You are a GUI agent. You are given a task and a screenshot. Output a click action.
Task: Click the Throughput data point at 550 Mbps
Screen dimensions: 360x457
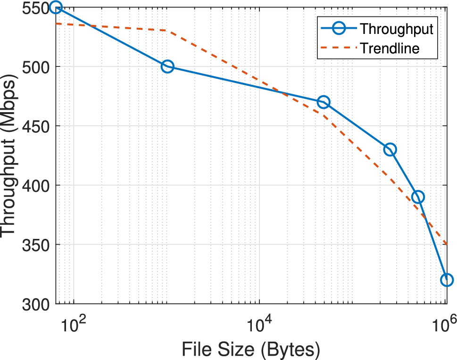56,8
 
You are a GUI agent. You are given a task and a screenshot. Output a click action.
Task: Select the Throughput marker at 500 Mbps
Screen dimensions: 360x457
167,66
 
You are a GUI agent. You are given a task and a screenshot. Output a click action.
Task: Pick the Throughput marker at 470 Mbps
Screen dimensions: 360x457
323,102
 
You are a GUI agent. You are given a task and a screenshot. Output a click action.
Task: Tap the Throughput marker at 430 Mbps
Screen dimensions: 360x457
390,150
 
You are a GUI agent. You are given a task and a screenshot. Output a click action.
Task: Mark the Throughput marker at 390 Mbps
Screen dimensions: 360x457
418,197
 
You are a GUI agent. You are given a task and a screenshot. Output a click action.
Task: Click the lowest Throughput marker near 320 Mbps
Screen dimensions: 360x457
446,280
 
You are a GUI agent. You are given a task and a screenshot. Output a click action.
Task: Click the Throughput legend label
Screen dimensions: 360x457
396,29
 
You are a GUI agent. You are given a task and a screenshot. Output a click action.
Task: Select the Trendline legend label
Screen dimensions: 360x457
390,48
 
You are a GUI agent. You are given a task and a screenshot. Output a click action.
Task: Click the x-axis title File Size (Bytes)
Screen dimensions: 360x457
251,350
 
